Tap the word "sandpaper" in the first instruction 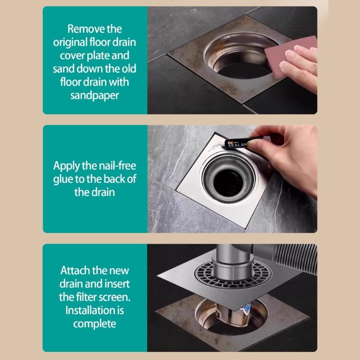pyautogui.click(x=94, y=95)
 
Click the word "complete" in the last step pyautogui.click(x=94, y=324)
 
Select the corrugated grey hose pyautogui.click(x=296, y=257)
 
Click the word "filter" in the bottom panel pyautogui.click(x=84, y=297)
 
